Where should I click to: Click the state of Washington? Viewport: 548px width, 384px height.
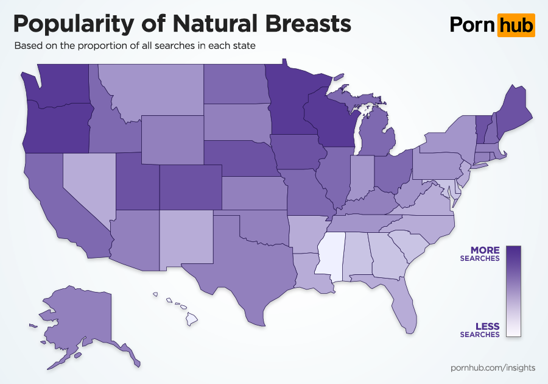point(58,85)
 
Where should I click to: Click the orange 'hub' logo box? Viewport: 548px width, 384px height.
point(516,25)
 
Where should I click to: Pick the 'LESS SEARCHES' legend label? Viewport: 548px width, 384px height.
point(480,330)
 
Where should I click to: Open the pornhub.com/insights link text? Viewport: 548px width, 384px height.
point(493,368)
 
